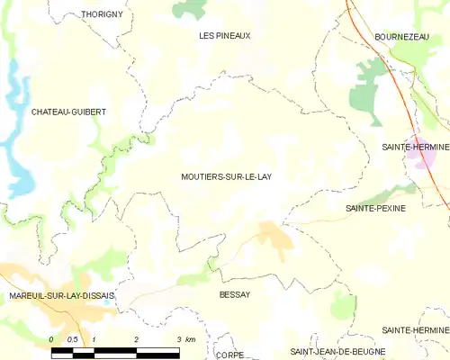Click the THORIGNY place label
click(x=101, y=14)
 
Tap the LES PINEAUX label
click(x=224, y=35)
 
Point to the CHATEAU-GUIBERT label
click(x=68, y=112)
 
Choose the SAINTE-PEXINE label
click(x=375, y=208)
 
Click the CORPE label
click(x=230, y=355)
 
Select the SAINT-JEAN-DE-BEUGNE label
click(x=337, y=349)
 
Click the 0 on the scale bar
click(x=52, y=338)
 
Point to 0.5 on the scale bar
click(x=73, y=338)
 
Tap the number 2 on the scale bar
click(x=136, y=338)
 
